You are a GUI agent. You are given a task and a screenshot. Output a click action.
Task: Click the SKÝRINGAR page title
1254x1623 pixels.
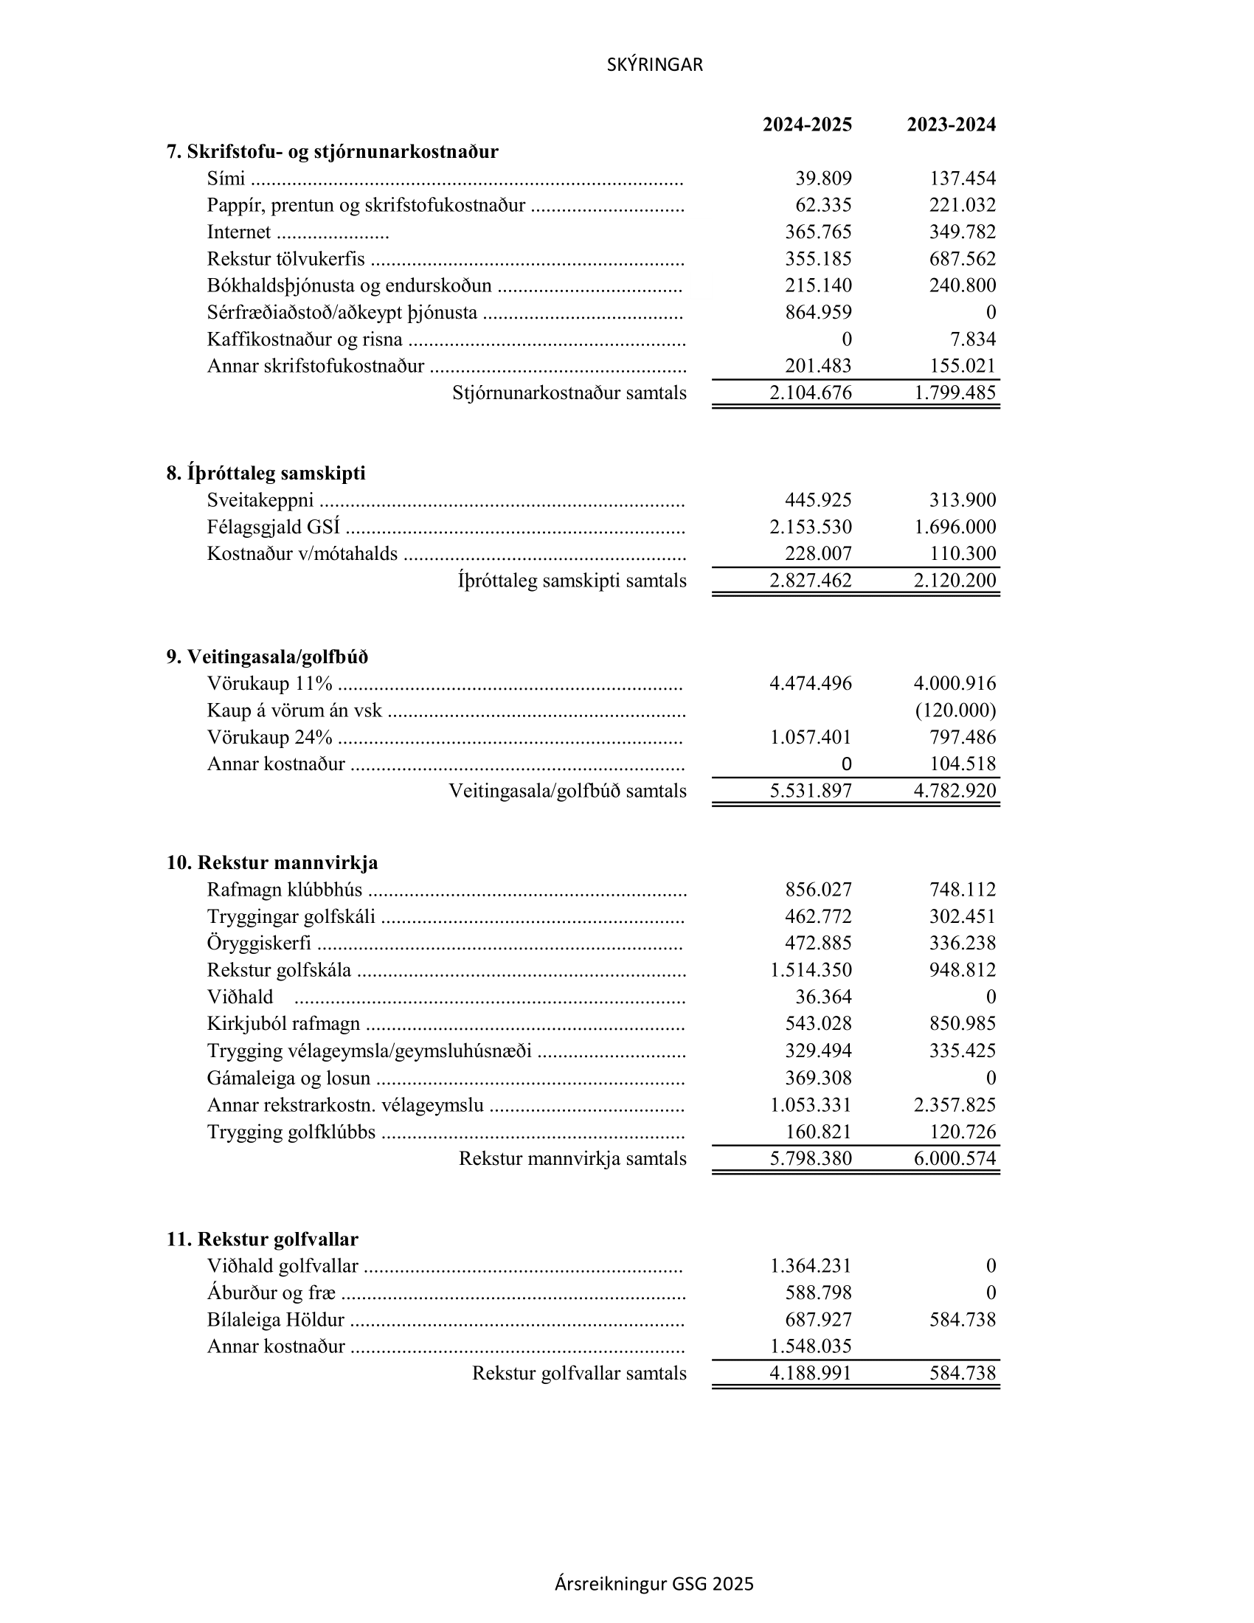(x=654, y=65)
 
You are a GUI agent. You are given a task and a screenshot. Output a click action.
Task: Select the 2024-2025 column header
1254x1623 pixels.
(x=807, y=124)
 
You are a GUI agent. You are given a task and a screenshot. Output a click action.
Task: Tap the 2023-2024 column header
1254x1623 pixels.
(x=951, y=124)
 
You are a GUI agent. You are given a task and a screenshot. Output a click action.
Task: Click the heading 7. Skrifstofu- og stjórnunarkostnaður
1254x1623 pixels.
(x=332, y=151)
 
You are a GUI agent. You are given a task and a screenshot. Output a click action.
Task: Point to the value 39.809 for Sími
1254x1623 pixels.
(x=823, y=179)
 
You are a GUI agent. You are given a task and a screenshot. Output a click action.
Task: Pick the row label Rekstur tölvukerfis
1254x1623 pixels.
(x=286, y=259)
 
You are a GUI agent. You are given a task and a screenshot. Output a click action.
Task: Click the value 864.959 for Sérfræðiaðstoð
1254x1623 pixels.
(x=818, y=312)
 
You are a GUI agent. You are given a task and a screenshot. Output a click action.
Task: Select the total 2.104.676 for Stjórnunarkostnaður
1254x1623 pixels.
(x=811, y=392)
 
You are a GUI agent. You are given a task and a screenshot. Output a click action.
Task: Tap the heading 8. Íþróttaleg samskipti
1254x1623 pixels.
(x=266, y=474)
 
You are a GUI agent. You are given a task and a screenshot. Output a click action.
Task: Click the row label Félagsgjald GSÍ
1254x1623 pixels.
(x=274, y=527)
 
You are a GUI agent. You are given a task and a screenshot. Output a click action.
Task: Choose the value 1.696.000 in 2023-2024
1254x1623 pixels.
(x=955, y=527)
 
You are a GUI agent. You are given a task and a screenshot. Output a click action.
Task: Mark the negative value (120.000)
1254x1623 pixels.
(x=955, y=710)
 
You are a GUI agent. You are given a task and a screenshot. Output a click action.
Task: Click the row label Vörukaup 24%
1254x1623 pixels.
(x=270, y=737)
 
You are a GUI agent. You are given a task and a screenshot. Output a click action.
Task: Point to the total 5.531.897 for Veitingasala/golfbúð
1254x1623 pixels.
(x=811, y=791)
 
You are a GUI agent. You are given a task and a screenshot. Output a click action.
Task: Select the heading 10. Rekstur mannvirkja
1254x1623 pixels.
(x=272, y=863)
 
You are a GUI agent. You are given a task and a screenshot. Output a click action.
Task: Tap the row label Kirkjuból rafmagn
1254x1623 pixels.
(x=283, y=1024)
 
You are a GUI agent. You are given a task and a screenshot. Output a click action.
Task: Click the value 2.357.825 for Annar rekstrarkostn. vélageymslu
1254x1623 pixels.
(x=955, y=1104)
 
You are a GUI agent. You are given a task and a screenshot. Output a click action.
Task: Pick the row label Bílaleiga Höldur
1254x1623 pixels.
(x=276, y=1320)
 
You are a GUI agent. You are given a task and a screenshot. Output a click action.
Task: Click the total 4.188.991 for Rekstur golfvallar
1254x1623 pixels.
(x=811, y=1374)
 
